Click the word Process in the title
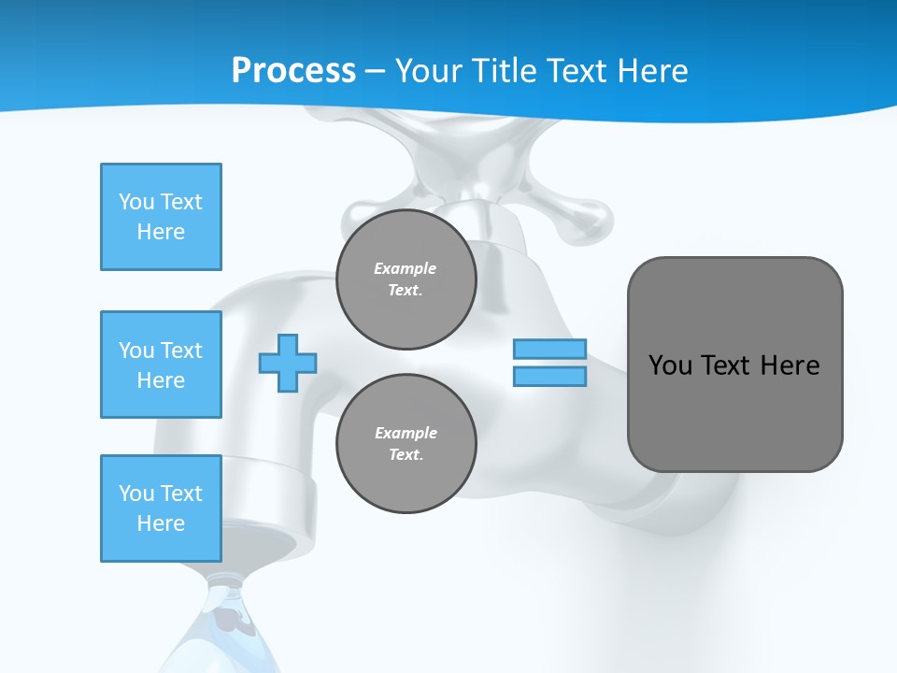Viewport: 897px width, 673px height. (x=293, y=71)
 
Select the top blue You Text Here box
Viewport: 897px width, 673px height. (x=161, y=217)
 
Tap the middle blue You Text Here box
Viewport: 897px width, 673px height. (x=161, y=365)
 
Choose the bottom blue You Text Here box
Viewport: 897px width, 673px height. (x=161, y=508)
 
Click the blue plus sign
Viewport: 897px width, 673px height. (x=288, y=363)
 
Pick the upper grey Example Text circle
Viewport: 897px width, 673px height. (x=406, y=279)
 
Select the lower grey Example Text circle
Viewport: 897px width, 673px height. (x=406, y=444)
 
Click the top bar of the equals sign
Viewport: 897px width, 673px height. (x=549, y=349)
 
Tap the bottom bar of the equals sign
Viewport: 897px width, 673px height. (x=549, y=376)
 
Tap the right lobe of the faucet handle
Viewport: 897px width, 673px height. (x=584, y=217)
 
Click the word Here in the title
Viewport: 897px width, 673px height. (x=651, y=71)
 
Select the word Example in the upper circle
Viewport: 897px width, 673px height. (x=406, y=268)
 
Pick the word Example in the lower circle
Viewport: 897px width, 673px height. (x=406, y=433)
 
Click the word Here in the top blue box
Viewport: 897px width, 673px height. (x=161, y=232)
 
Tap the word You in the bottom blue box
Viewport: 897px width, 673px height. (x=135, y=494)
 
